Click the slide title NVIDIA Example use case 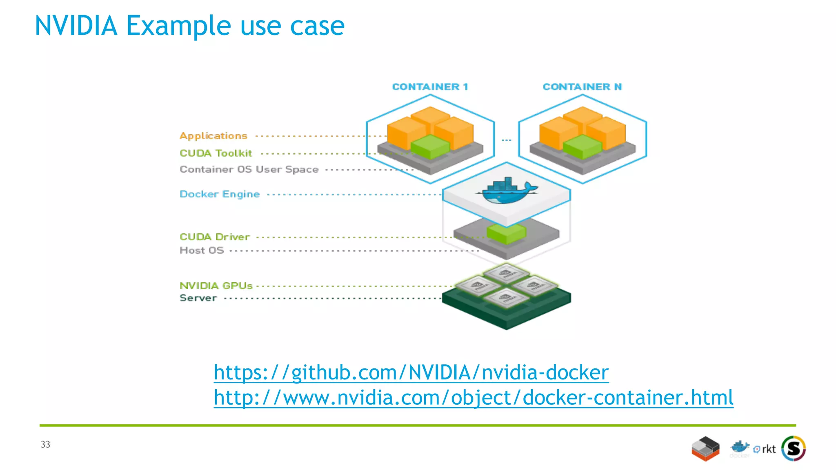pos(190,26)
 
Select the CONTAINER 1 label pos(430,87)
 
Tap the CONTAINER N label pos(582,87)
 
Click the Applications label pos(213,136)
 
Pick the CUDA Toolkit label pos(216,153)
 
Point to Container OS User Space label pos(249,169)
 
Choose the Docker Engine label pos(220,194)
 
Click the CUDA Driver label pos(215,237)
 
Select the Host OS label pos(202,251)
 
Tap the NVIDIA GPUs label pos(216,286)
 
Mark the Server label pos(198,298)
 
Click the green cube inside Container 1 pos(430,147)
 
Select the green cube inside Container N pos(582,147)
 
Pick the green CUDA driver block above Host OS pos(506,233)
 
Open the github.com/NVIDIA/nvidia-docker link pos(411,372)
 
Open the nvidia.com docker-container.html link pos(474,398)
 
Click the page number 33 pos(45,444)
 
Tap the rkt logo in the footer pos(765,449)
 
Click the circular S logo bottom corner pos(793,448)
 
